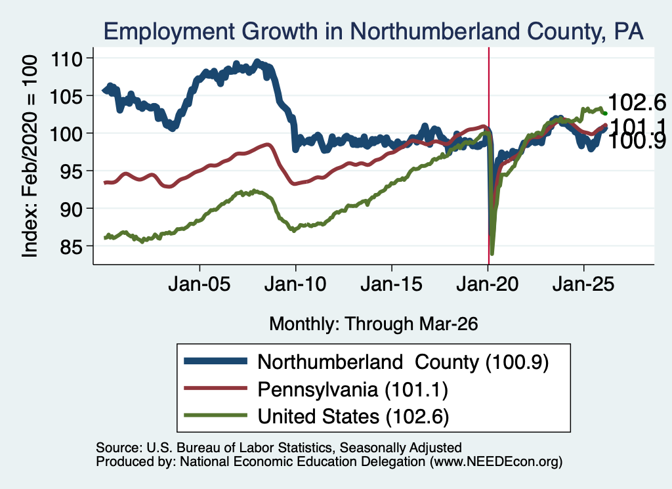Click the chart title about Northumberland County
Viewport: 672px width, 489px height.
(x=373, y=32)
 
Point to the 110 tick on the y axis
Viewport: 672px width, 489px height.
(x=66, y=58)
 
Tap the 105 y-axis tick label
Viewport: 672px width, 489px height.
(x=66, y=96)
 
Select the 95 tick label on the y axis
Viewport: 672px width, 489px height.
(x=71, y=171)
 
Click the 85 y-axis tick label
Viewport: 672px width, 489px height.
(x=71, y=247)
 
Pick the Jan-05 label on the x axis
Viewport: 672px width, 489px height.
(x=199, y=284)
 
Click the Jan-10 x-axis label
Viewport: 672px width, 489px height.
(x=295, y=284)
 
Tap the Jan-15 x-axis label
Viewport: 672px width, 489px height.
(x=391, y=284)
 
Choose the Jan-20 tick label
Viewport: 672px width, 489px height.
(x=488, y=284)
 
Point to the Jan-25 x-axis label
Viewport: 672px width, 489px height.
(x=583, y=284)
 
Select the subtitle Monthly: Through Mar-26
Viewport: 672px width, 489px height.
(x=373, y=324)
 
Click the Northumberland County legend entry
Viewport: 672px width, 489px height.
(x=366, y=362)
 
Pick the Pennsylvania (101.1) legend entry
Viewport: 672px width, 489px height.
(x=316, y=389)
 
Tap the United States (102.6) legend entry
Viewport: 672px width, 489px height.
(x=316, y=416)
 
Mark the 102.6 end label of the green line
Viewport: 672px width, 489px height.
(x=637, y=102)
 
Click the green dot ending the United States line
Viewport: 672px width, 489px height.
(x=605, y=113)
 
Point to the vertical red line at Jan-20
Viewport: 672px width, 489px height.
(x=488, y=156)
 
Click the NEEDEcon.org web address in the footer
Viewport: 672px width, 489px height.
(x=496, y=461)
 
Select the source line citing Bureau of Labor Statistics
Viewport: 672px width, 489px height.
(x=278, y=448)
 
